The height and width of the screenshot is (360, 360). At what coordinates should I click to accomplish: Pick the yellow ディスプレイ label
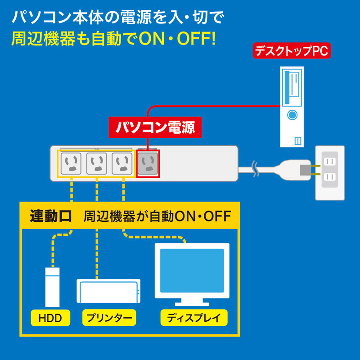click(194, 318)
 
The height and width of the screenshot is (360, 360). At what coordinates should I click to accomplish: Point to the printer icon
click(108, 291)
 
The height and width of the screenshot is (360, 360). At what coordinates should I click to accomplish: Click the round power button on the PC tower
click(292, 115)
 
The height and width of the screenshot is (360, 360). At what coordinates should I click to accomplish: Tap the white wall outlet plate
click(330, 172)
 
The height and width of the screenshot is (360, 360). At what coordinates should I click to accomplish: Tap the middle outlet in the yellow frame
click(96, 163)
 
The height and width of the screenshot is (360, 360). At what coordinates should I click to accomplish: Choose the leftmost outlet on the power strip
click(71, 163)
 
